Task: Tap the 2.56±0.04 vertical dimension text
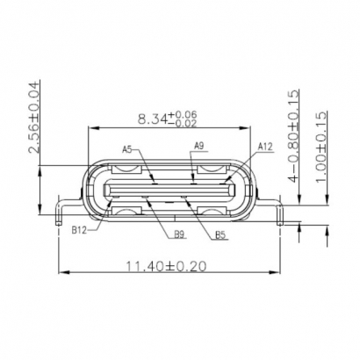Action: point(35,118)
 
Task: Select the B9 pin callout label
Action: point(178,234)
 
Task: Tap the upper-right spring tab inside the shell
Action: point(214,167)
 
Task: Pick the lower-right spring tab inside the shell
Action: point(214,210)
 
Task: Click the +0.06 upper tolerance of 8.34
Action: point(185,114)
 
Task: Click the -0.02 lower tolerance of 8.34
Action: point(185,123)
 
